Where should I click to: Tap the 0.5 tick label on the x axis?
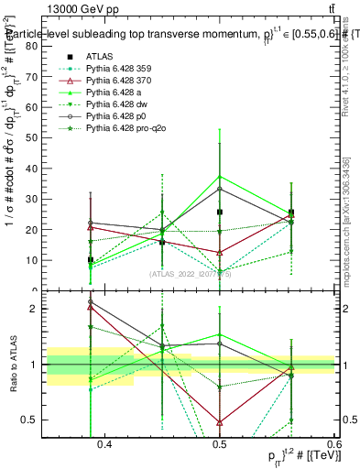coord(219,445)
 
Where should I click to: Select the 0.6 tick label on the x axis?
coord(333,445)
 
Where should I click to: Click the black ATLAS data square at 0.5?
coord(220,212)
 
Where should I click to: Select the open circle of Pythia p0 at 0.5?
coord(220,189)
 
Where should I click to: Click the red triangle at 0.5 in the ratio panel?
coord(220,422)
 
